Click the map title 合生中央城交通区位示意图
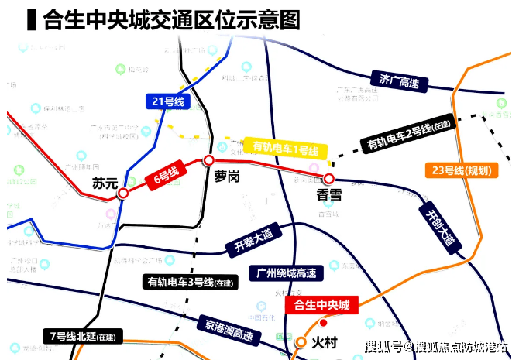tap(171, 19)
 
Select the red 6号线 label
tap(163, 179)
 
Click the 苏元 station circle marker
tap(123, 194)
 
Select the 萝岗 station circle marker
tap(208, 160)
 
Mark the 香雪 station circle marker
tap(328, 179)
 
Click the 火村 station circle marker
tap(301, 341)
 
